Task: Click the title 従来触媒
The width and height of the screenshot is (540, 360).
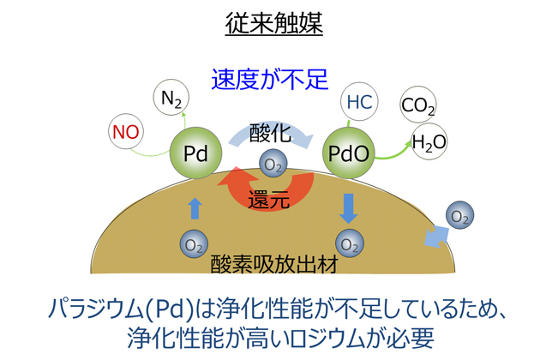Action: (x=273, y=22)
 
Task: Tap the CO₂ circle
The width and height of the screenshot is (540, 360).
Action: (x=418, y=107)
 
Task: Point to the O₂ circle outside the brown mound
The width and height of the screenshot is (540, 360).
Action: (x=460, y=216)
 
